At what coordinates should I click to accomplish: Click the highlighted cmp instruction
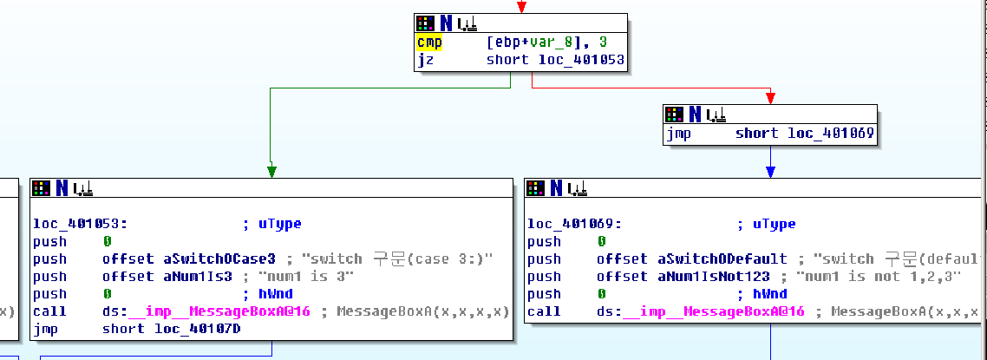[x=428, y=43]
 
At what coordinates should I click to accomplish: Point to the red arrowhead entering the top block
[x=520, y=8]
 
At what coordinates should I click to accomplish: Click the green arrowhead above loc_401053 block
[x=271, y=171]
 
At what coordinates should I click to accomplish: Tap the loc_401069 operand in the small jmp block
[x=831, y=134]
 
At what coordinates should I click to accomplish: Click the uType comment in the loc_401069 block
[x=775, y=224]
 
